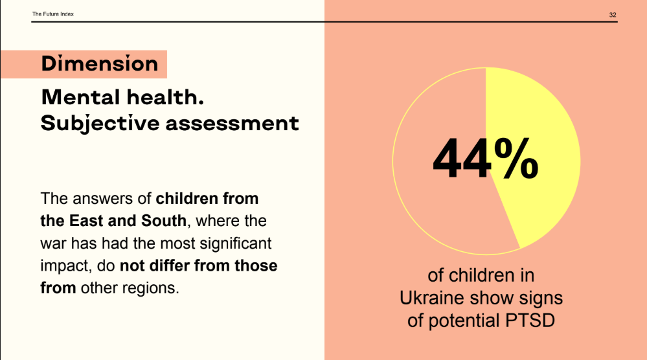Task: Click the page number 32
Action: coord(612,14)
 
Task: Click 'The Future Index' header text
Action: coord(53,14)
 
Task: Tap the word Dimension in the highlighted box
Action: coord(99,64)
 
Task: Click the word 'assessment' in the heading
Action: coord(232,123)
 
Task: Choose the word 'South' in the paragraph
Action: coord(164,221)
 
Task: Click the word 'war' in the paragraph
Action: coord(53,243)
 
